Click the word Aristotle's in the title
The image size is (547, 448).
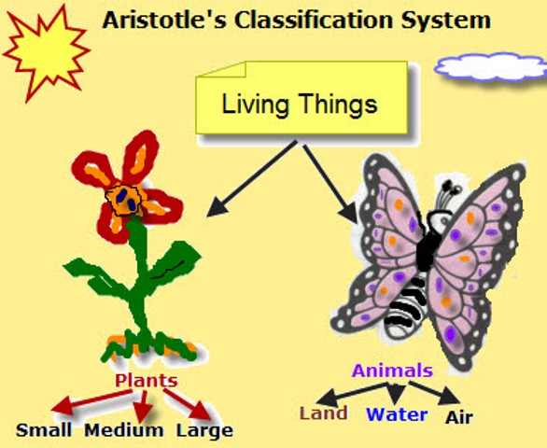click(164, 20)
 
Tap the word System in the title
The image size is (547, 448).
click(446, 21)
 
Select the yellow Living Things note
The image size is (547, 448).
click(302, 98)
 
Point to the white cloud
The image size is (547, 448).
click(491, 67)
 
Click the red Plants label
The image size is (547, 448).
click(147, 380)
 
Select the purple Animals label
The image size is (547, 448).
click(392, 371)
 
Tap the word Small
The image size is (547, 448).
click(44, 430)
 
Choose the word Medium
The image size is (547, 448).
click(124, 430)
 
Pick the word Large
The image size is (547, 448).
click(204, 431)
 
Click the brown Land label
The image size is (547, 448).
click(323, 413)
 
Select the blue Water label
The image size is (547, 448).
click(397, 414)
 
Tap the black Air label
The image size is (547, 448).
click(459, 417)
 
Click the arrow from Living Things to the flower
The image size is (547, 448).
click(251, 178)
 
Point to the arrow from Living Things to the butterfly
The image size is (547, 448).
click(330, 184)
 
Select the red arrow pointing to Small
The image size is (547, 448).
click(91, 402)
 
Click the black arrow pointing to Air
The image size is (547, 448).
click(434, 393)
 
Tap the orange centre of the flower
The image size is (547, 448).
click(124, 201)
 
